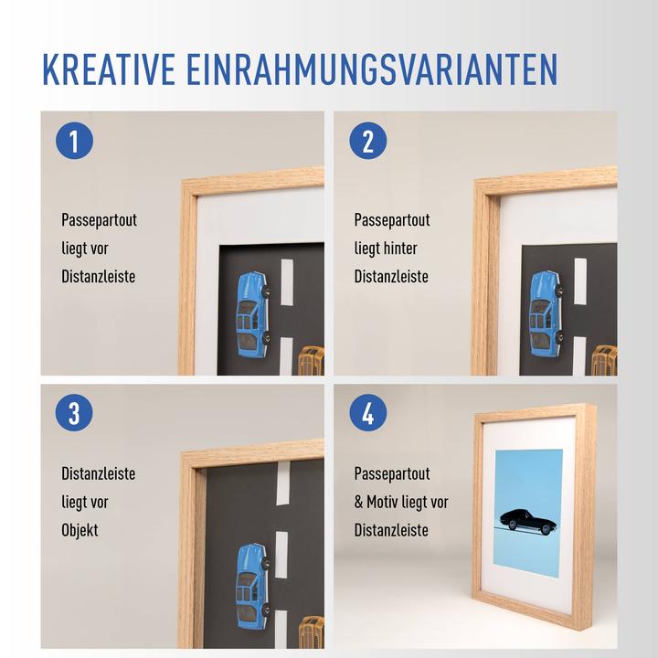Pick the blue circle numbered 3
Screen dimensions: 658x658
point(74,413)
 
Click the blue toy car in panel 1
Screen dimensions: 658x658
point(251,314)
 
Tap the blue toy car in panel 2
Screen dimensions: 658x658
point(546,314)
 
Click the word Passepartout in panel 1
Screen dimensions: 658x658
point(99,220)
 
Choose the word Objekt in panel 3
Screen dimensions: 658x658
point(80,530)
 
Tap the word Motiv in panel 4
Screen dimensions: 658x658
point(387,502)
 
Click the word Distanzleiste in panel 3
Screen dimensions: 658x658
point(99,474)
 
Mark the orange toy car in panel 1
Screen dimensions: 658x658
point(312,361)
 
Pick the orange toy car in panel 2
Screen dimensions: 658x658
point(604,361)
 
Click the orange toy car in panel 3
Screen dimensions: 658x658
point(312,632)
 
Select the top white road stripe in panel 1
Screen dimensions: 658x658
point(287,283)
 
